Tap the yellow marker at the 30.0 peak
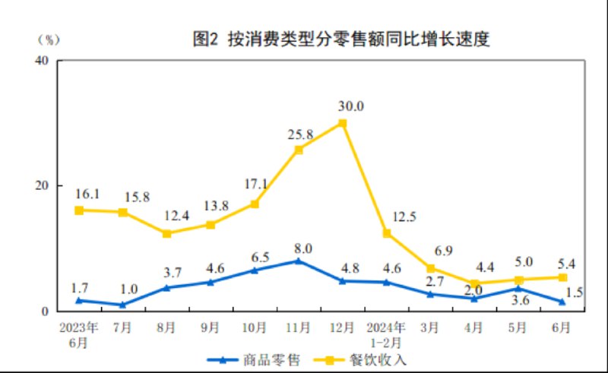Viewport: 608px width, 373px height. [x=342, y=123]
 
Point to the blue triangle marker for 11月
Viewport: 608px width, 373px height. [x=298, y=261]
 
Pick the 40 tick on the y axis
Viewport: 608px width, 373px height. [x=43, y=60]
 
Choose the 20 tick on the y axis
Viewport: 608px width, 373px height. [x=43, y=186]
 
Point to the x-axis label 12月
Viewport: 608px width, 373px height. [x=342, y=328]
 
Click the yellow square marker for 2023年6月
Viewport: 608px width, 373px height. [x=78, y=210]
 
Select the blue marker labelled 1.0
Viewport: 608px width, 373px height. [x=122, y=305]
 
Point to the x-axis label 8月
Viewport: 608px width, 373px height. [x=166, y=328]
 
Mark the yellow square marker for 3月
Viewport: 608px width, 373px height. [x=430, y=268]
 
